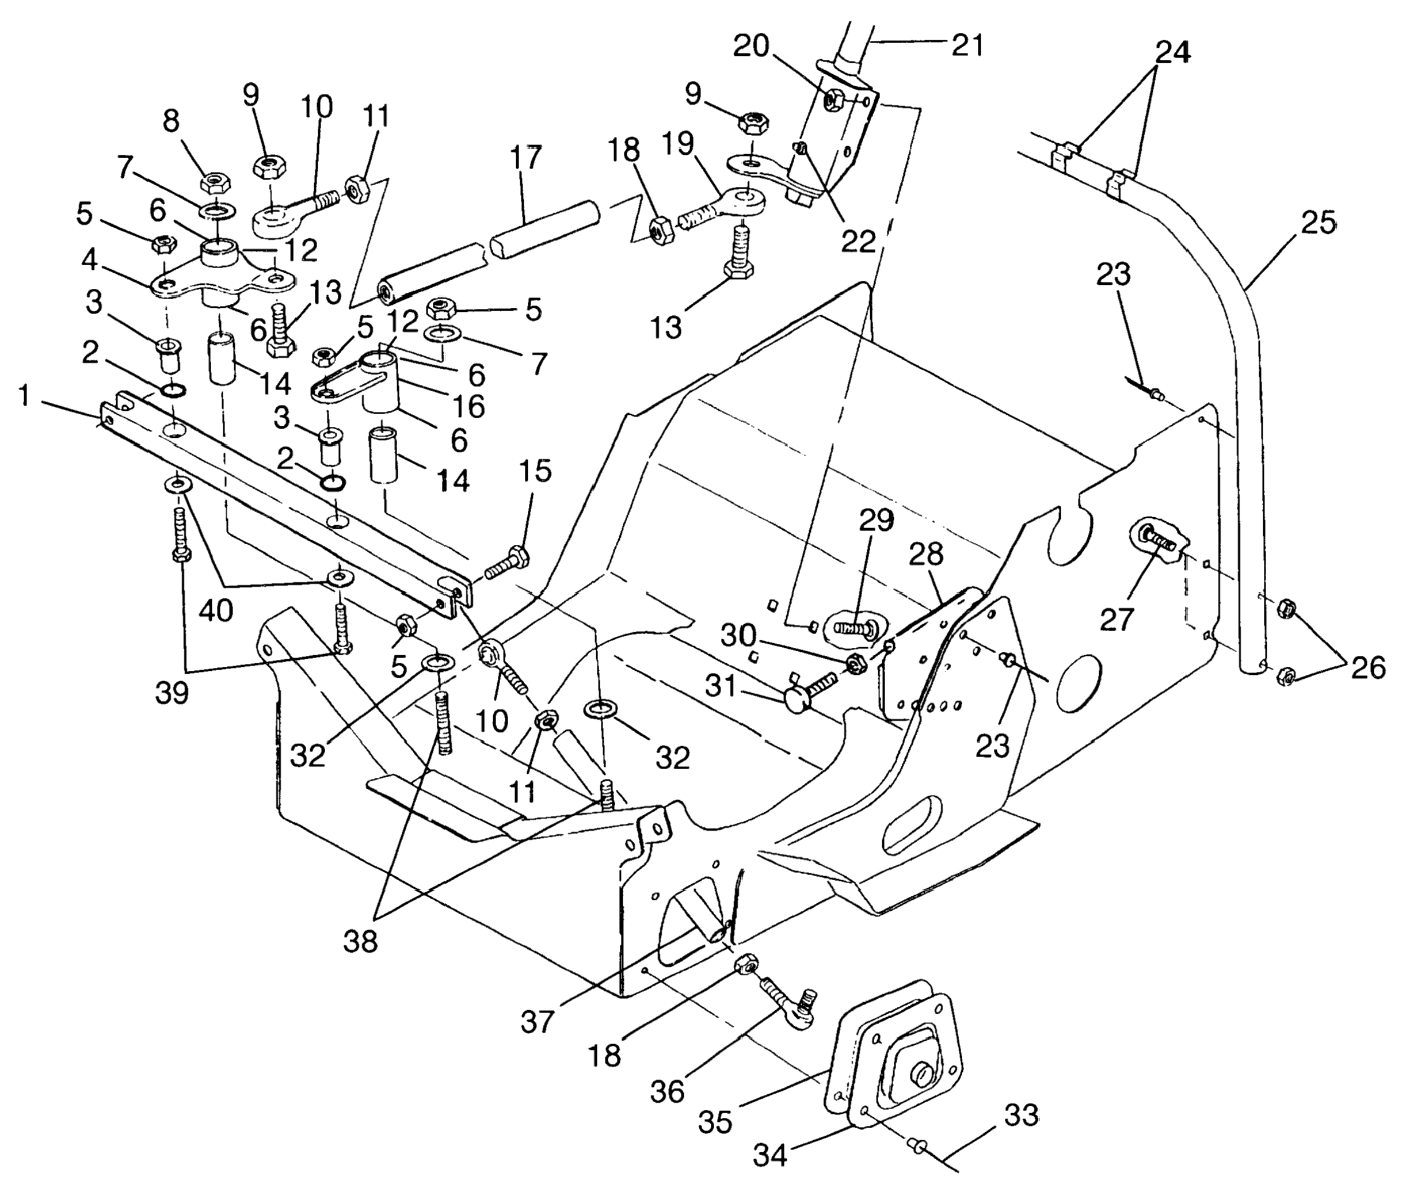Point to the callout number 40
click(x=216, y=611)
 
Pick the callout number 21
click(x=967, y=44)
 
